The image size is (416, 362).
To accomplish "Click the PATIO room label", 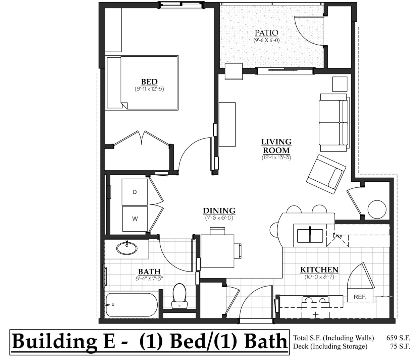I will [x=266, y=33].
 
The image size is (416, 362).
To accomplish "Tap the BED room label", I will [x=149, y=82].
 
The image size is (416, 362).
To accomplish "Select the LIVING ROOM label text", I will [x=276, y=146].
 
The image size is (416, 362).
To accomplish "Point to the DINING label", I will [x=219, y=211].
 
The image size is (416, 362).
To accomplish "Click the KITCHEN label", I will [x=319, y=270].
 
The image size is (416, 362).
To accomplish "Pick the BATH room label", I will [x=149, y=271].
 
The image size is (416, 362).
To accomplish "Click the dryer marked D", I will [x=135, y=192].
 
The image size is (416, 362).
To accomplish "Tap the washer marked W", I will [x=135, y=219].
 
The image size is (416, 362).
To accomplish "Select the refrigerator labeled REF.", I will [x=360, y=297].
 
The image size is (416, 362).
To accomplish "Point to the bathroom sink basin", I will [x=127, y=248].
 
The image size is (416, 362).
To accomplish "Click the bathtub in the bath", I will [x=131, y=305].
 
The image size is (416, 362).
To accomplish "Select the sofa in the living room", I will [x=333, y=123].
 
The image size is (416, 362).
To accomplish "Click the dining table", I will [x=217, y=251].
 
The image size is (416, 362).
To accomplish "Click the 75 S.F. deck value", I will [x=400, y=346].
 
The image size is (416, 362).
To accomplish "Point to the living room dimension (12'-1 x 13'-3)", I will [x=276, y=157].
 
